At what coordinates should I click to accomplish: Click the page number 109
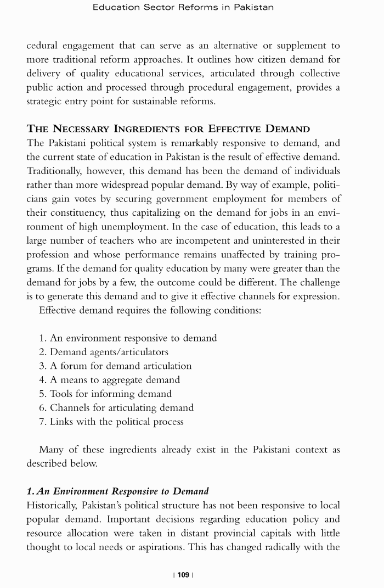pyautogui.click(x=183, y=574)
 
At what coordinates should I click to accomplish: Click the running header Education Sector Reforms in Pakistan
pyautogui.click(x=183, y=7)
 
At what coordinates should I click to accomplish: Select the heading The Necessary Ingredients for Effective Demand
pyautogui.click(x=168, y=129)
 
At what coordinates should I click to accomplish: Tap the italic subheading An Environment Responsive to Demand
pyautogui.click(x=117, y=491)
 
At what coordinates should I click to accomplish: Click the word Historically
pyautogui.click(x=52, y=505)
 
